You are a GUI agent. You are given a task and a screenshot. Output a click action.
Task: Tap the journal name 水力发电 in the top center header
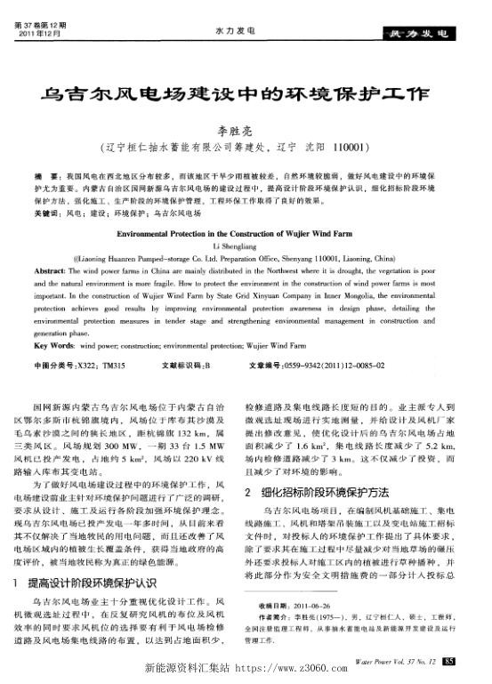click(x=230, y=29)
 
